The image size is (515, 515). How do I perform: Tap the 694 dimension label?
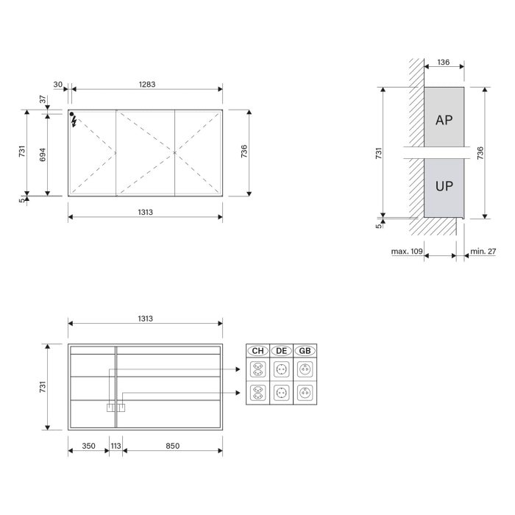[42, 154]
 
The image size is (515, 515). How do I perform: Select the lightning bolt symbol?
[74, 123]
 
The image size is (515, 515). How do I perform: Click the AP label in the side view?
[444, 120]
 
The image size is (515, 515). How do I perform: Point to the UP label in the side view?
[444, 186]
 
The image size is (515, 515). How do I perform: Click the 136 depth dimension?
[443, 63]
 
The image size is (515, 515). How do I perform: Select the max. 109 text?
[406, 252]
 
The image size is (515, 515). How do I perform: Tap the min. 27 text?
[483, 252]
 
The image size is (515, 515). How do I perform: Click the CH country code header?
[257, 351]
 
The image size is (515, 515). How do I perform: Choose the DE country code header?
[281, 351]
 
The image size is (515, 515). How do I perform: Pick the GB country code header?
[305, 351]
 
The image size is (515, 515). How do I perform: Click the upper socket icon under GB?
[305, 369]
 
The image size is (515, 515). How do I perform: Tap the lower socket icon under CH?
[257, 392]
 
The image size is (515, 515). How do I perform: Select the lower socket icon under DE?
[281, 392]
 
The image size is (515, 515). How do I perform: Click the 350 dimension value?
[88, 446]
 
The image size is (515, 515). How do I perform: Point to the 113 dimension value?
[116, 446]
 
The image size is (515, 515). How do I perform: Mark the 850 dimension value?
[172, 446]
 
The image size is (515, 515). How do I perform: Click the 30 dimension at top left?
[58, 85]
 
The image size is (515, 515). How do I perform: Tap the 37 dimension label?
[42, 99]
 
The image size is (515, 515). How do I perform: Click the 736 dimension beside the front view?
[244, 152]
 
